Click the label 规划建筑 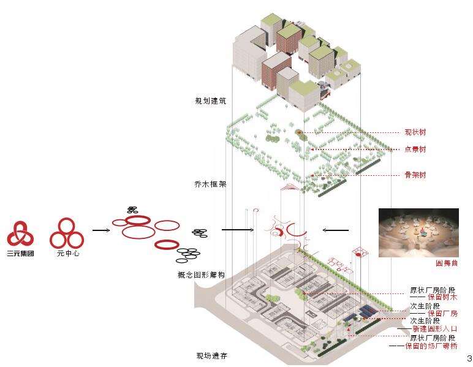point(211,101)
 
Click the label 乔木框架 point(211,183)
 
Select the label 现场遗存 point(211,356)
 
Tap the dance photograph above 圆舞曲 point(418,232)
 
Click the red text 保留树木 point(442,297)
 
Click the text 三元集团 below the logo point(20,252)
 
